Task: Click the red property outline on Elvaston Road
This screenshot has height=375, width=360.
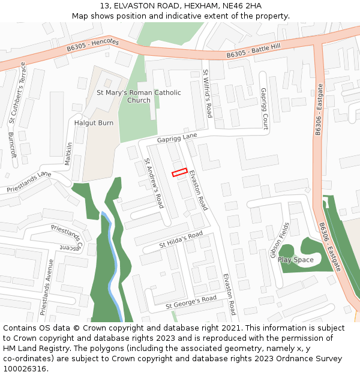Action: tap(180, 172)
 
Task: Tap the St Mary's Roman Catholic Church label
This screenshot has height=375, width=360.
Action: tap(139, 97)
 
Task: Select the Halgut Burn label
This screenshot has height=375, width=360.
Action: tap(94, 123)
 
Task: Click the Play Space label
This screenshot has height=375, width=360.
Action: tap(296, 260)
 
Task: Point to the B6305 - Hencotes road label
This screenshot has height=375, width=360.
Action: tap(93, 44)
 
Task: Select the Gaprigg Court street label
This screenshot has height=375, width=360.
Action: tap(264, 109)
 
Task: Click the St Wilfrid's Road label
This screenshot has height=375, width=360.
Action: tap(208, 94)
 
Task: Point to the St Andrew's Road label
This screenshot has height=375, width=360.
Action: tap(154, 183)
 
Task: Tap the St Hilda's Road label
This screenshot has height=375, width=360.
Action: tap(181, 240)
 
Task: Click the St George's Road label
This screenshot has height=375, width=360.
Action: tap(191, 302)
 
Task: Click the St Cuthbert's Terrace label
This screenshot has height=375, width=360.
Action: tap(17, 93)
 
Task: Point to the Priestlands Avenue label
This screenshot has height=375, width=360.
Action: tap(47, 287)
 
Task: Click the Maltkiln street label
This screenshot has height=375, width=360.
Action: tap(70, 154)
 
